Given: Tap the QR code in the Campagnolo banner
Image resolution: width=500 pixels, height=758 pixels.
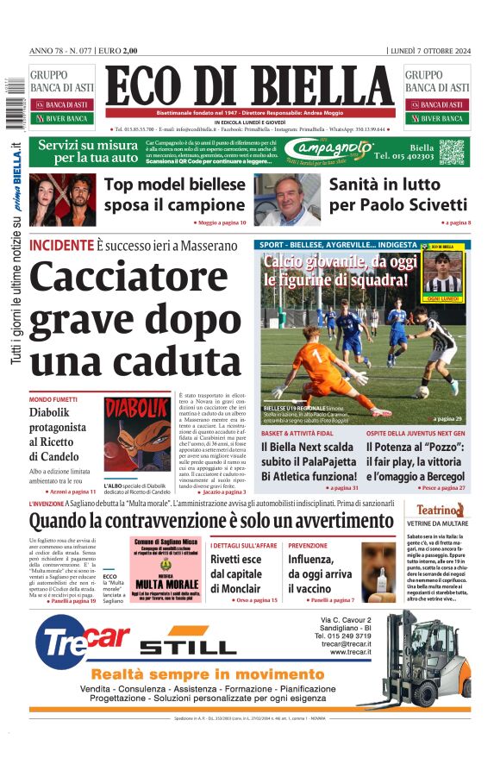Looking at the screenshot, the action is (451, 153).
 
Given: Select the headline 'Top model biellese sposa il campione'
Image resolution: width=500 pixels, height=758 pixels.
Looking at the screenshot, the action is (175, 195).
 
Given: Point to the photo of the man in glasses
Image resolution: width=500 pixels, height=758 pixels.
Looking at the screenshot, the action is (287, 197).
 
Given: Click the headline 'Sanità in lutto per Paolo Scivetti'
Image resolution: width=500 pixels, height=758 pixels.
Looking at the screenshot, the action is (398, 195).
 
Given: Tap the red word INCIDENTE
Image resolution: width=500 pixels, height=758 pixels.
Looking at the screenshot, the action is (61, 245).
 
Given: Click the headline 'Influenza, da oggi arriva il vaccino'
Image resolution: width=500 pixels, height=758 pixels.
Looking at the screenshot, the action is (320, 573).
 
